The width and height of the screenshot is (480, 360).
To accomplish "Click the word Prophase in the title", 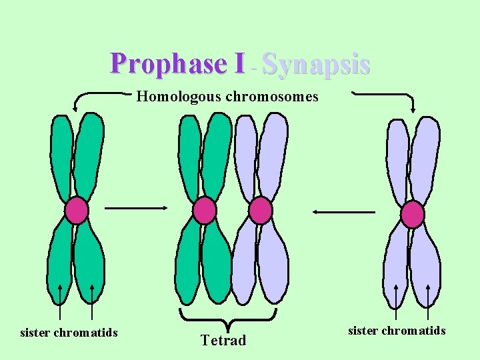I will (169, 64).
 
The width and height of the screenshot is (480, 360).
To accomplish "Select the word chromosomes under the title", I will (271, 97).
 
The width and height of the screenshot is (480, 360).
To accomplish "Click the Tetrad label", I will (223, 341).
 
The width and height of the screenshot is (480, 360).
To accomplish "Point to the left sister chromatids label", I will (69, 332).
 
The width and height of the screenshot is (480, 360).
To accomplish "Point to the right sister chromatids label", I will (397, 331).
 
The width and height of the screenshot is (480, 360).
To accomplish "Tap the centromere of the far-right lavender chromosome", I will (413, 215).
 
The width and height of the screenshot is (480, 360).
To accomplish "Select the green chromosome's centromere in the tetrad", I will (204, 211).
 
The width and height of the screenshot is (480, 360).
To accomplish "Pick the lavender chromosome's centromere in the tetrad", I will (260, 211).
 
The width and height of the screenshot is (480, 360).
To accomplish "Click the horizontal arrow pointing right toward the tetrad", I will (136, 207).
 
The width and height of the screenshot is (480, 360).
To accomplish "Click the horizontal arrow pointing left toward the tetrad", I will (344, 212).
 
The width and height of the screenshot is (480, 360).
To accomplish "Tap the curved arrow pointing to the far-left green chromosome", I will (93, 95).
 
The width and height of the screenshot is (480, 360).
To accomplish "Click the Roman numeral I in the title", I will (239, 64).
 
